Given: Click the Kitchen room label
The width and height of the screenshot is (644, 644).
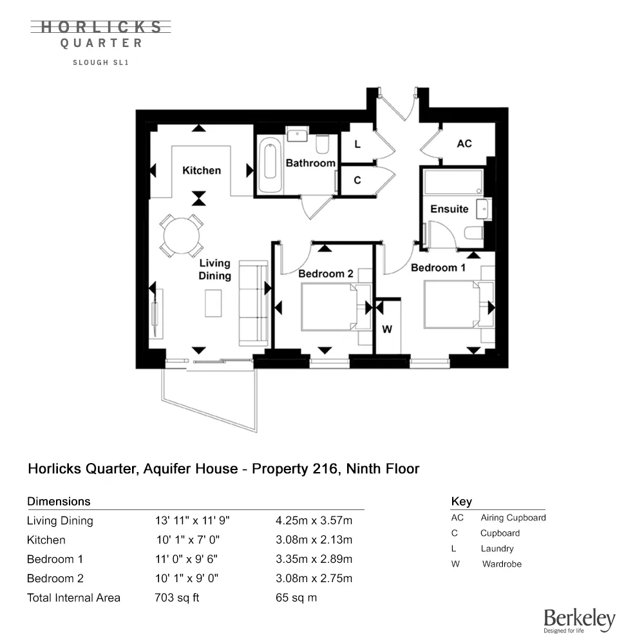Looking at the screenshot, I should tap(202, 171).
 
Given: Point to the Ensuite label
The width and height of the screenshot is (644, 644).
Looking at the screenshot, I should tap(449, 209).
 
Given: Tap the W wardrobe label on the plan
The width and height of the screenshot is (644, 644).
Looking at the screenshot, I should tap(387, 330).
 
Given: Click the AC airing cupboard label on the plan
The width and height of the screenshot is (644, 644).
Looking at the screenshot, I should tap(464, 144).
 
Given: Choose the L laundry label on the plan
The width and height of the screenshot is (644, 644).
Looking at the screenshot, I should tap(357, 145).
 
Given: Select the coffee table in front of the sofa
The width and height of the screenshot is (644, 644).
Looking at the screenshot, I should tap(214, 303).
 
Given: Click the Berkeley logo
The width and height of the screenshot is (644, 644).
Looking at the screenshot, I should tap(579, 620).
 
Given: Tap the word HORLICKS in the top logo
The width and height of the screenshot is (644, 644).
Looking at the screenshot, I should tap(102, 27).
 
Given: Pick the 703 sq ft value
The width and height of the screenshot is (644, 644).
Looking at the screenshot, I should tap(177, 598).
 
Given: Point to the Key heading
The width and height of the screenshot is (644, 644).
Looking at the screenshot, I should tap(461, 502).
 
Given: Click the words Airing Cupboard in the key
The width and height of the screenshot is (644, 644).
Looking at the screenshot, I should tap(513, 518).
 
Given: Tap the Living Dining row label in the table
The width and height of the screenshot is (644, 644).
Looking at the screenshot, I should tap(60, 520).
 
